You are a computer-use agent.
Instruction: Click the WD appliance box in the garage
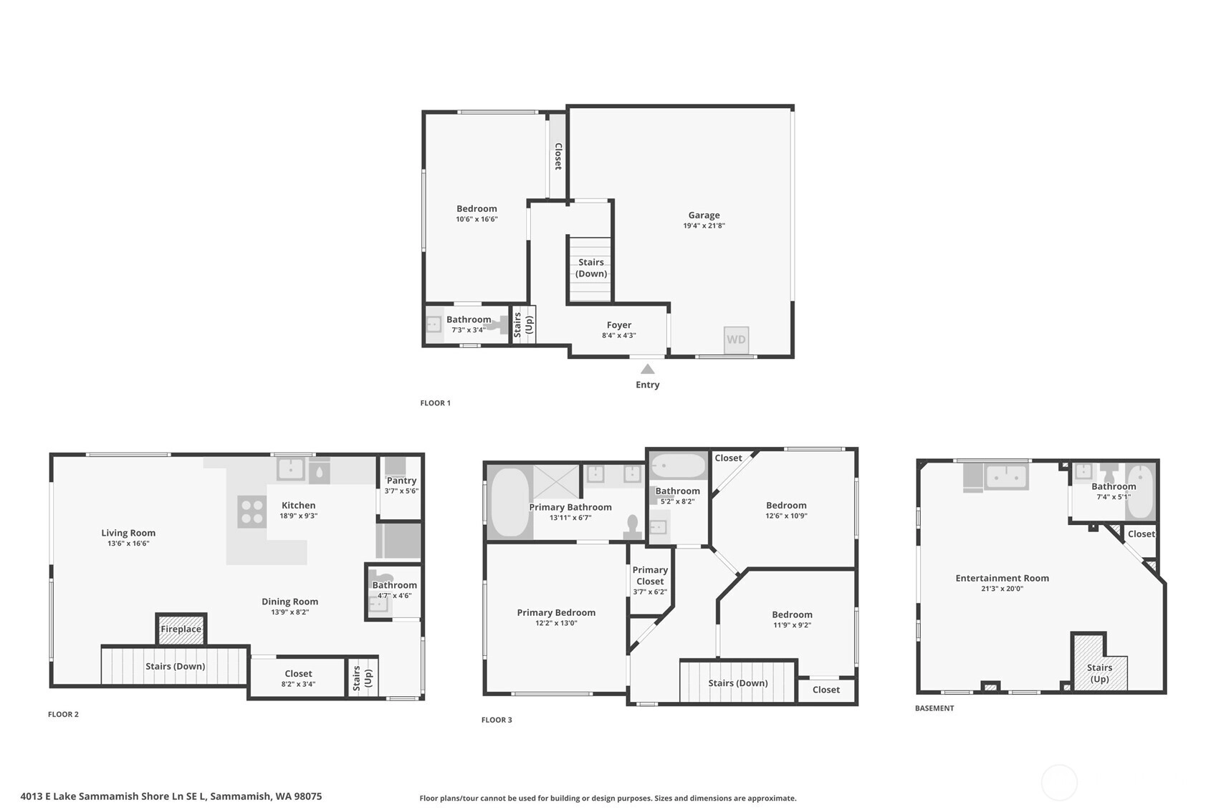[x=736, y=340]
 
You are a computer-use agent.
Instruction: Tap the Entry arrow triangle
[x=647, y=369]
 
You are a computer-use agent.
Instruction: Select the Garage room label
[x=704, y=216]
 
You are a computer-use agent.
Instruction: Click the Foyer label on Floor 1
[x=619, y=325]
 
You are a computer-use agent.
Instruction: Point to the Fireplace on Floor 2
[x=181, y=630]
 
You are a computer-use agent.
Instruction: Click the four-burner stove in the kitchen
[x=252, y=511]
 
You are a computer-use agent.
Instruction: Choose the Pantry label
[x=401, y=481]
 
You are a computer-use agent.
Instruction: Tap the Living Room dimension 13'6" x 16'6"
[x=128, y=544]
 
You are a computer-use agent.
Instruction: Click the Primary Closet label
[x=650, y=575]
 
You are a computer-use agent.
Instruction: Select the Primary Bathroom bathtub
[x=509, y=502]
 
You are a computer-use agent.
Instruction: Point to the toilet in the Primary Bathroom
[x=633, y=526]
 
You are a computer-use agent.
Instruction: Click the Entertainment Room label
[x=1002, y=579]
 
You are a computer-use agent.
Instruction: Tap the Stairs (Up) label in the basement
[x=1099, y=673]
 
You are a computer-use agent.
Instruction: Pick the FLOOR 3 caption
[x=496, y=720]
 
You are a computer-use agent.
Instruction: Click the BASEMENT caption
[x=934, y=708]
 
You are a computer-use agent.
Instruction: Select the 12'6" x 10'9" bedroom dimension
[x=786, y=516]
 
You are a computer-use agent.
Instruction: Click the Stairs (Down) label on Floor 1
[x=591, y=268]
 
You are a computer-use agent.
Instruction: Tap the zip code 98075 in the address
[x=308, y=796]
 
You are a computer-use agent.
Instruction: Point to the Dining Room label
[x=290, y=602]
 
